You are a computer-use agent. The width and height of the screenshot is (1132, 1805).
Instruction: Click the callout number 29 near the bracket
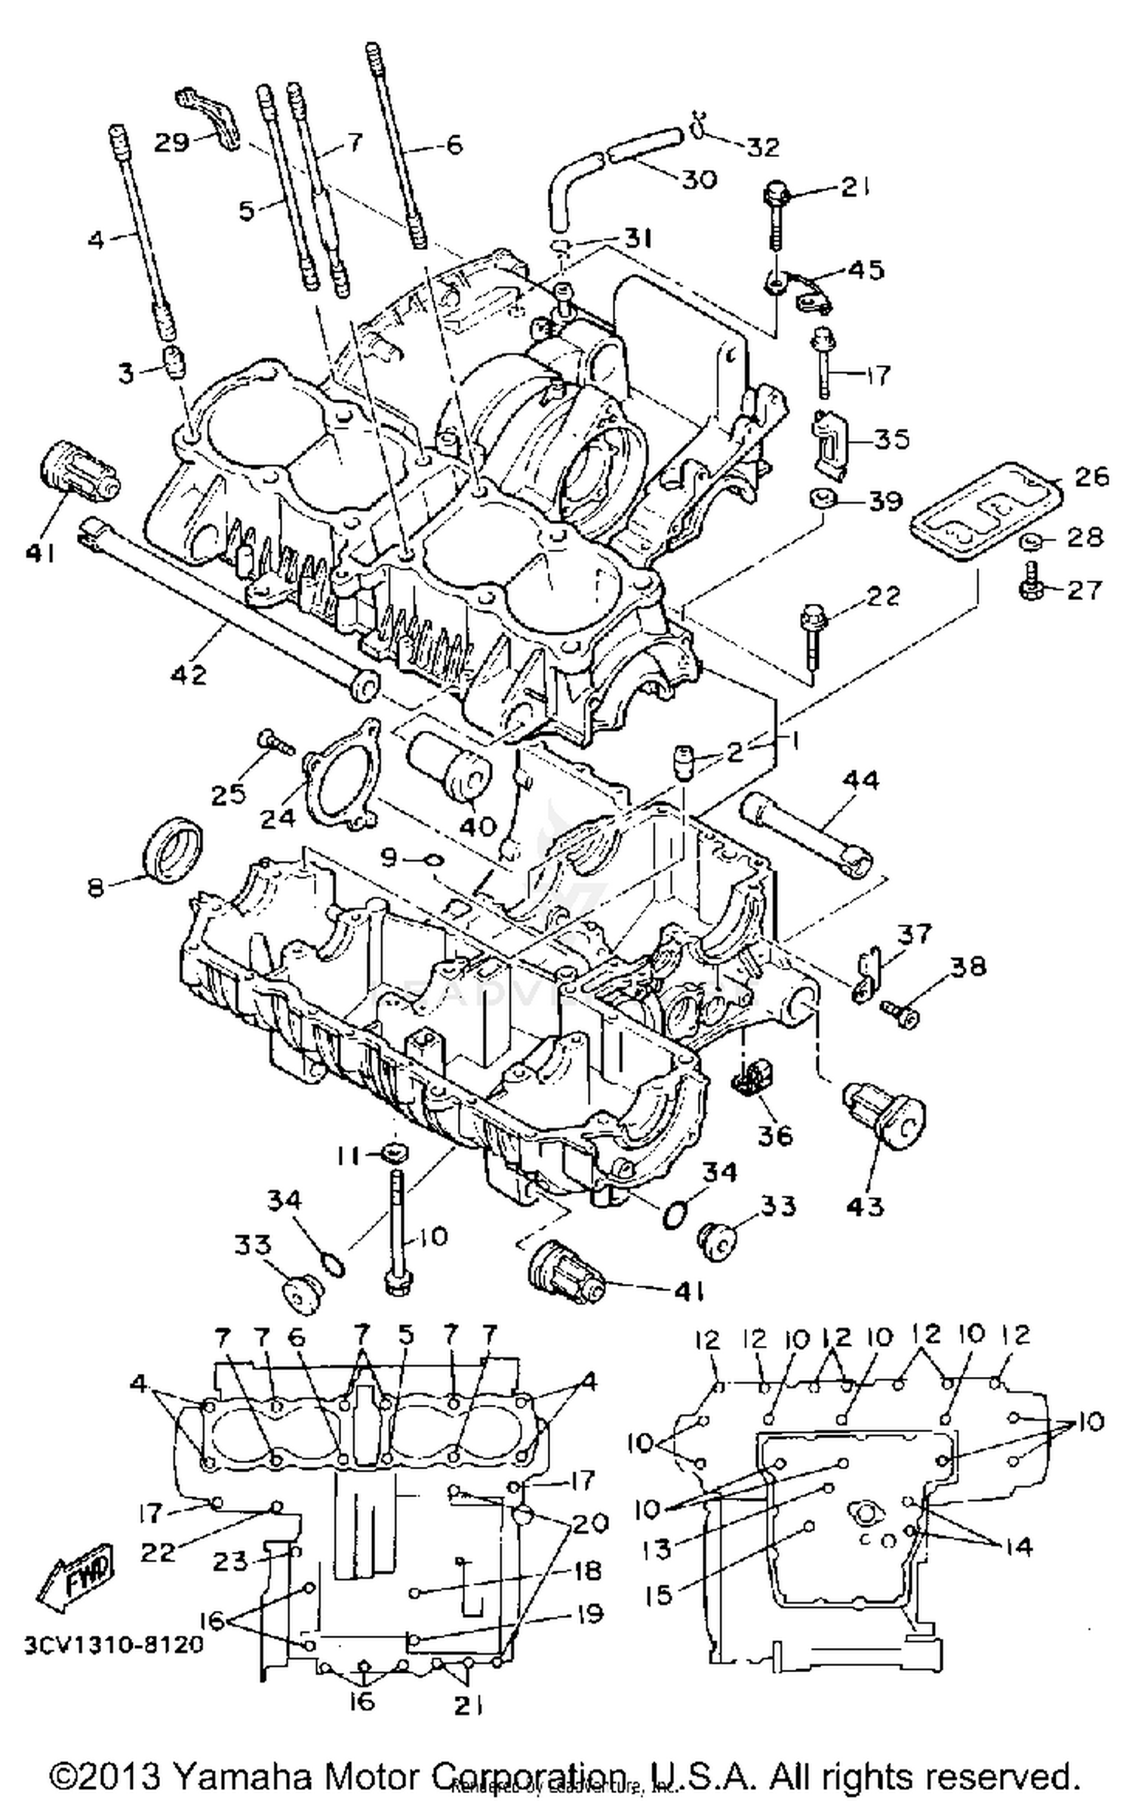click(171, 141)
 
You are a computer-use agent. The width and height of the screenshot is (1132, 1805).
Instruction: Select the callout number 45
click(866, 270)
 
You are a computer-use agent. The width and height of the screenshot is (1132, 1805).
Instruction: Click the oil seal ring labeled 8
click(173, 848)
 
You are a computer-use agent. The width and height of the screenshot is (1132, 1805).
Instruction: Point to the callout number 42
click(189, 673)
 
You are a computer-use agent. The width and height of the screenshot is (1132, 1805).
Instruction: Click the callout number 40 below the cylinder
click(478, 825)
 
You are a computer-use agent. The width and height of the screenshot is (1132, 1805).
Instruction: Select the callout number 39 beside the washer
click(885, 501)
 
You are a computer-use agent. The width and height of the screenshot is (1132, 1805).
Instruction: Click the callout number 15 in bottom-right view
click(658, 1595)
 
